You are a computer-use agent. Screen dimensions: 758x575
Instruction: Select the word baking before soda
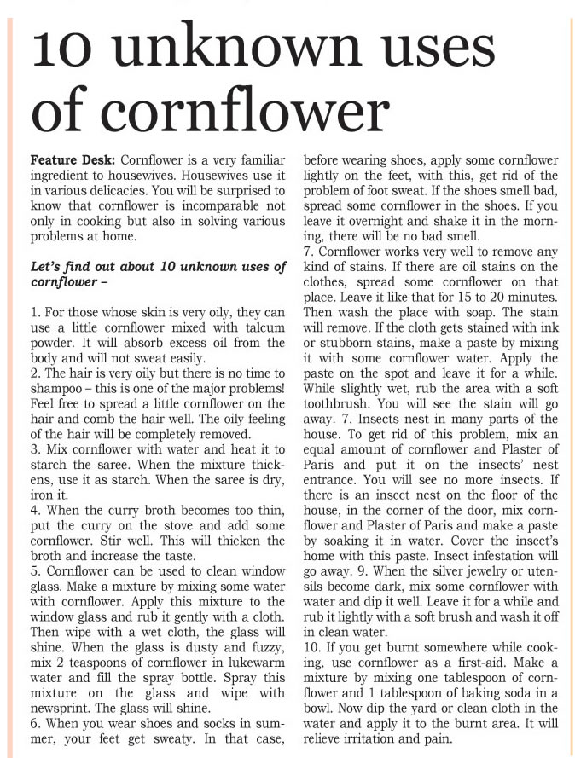click(x=477, y=688)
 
